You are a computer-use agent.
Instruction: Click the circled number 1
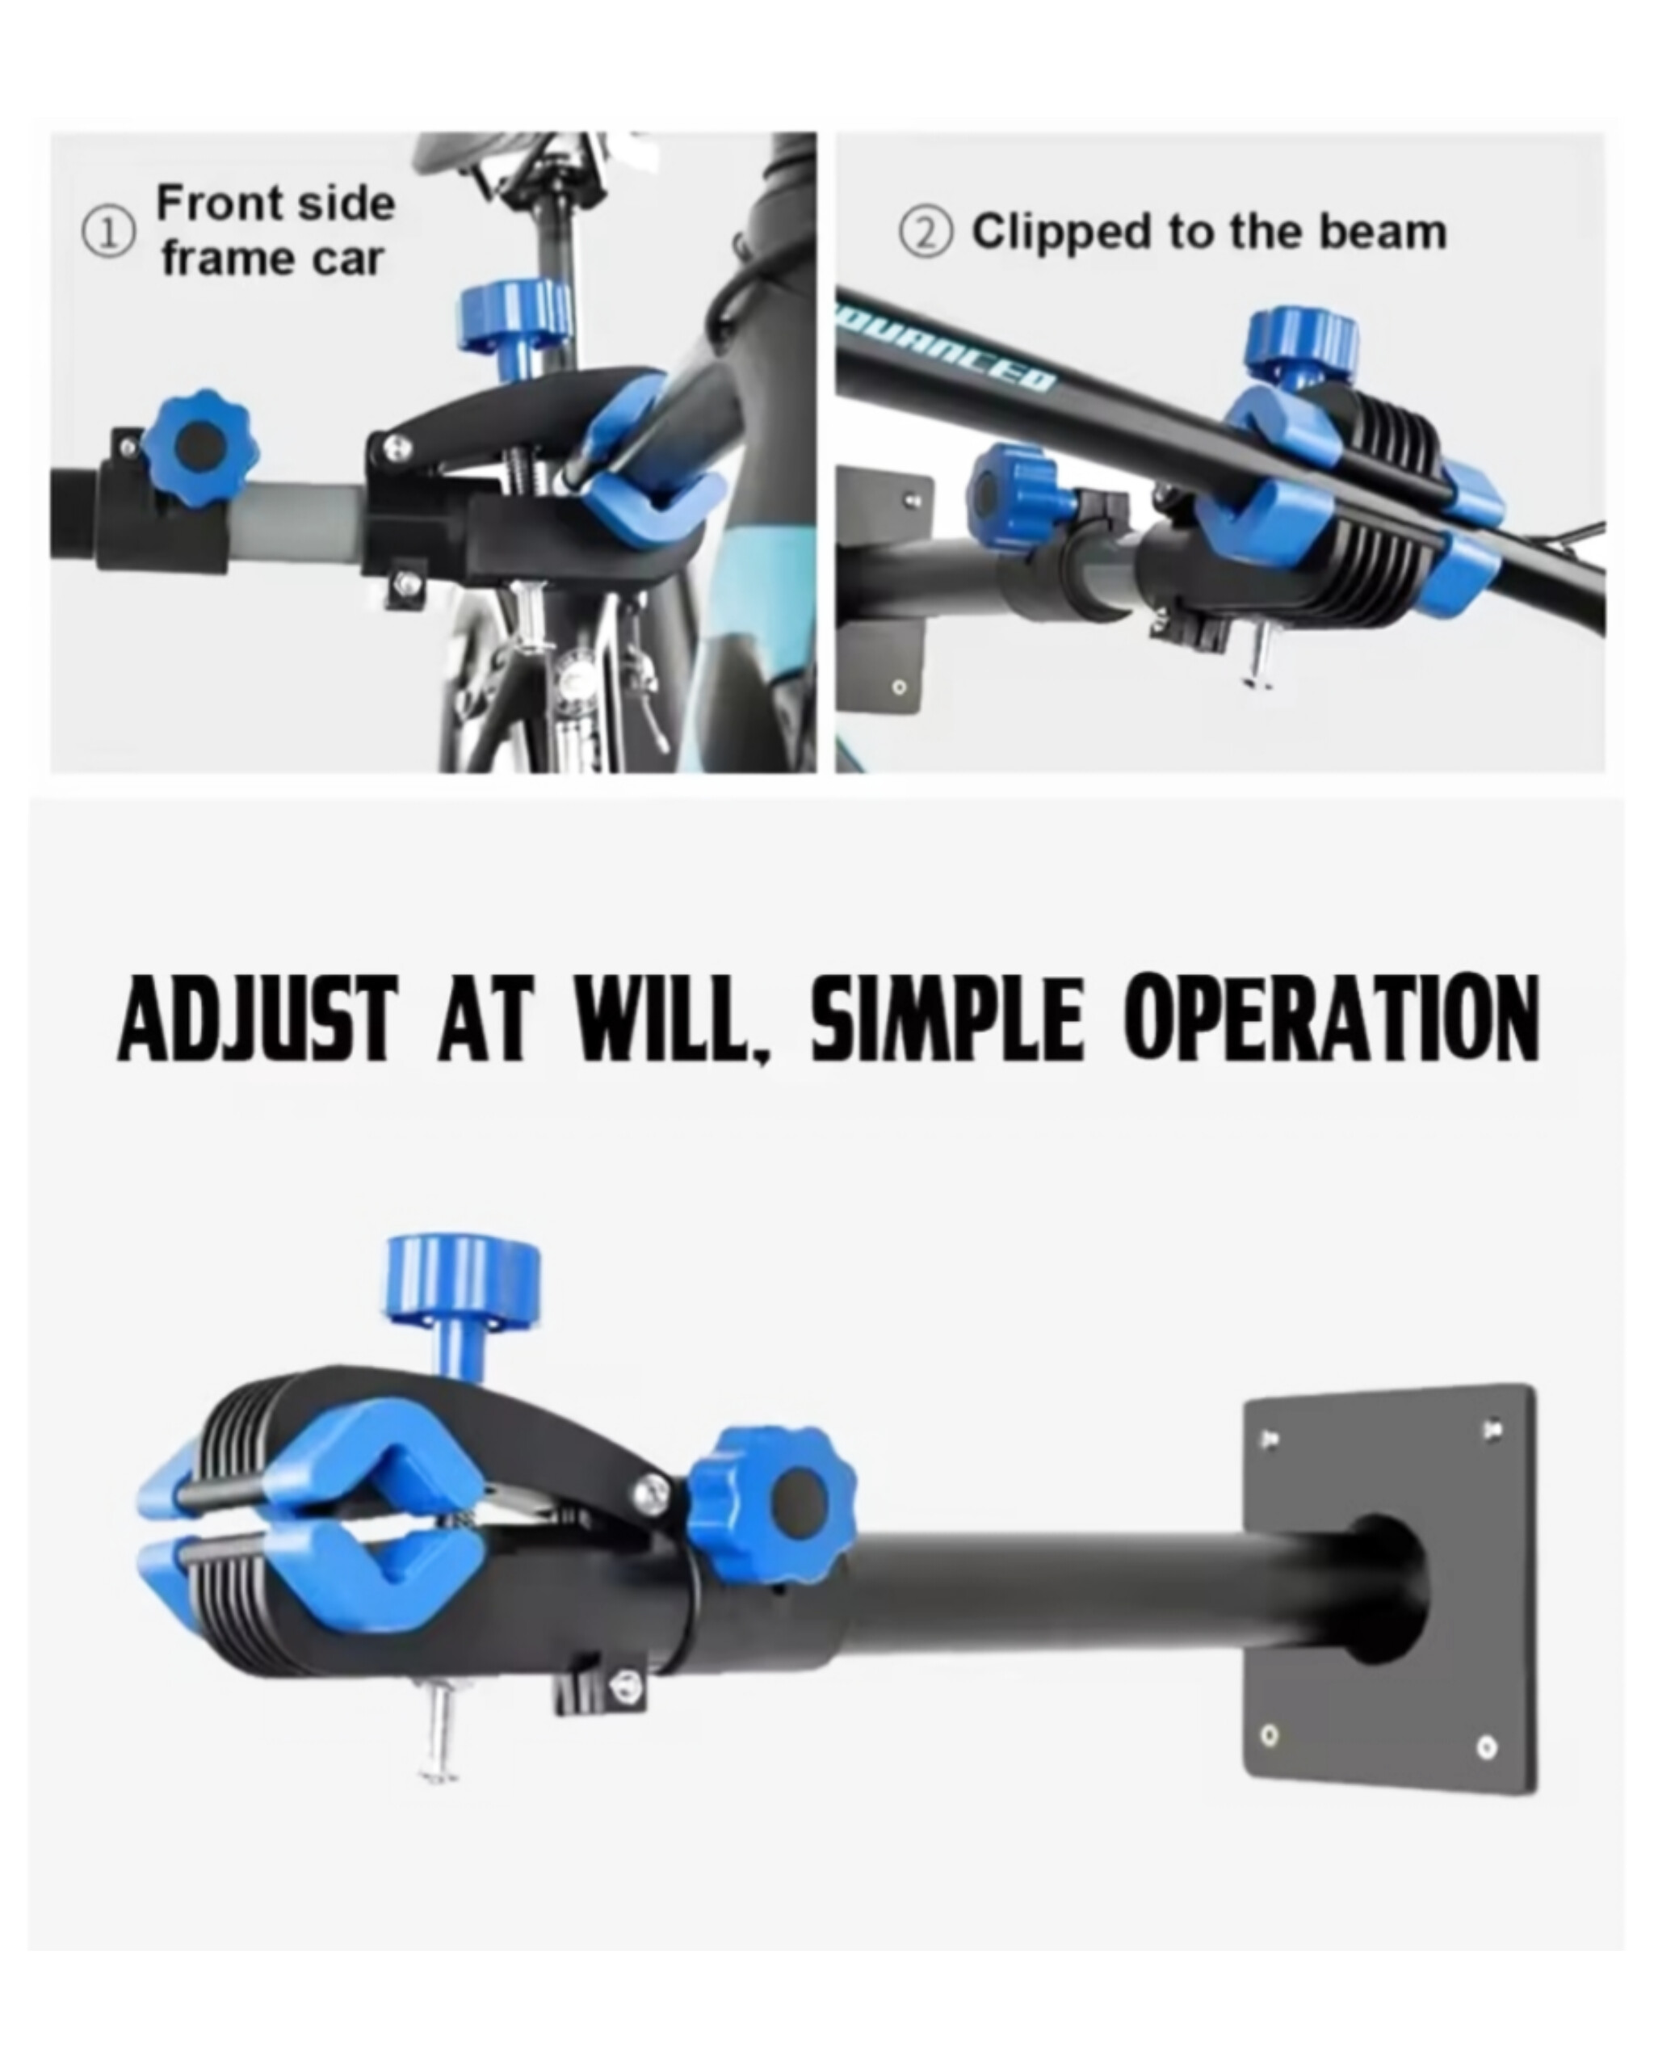coord(108,234)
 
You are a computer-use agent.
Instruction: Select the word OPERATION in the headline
coord(1332,1019)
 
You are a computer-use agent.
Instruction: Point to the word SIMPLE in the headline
coord(949,1019)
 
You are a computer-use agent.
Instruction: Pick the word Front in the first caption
coord(220,204)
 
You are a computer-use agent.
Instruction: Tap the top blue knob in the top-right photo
coord(1301,344)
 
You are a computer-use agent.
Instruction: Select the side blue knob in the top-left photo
coord(199,444)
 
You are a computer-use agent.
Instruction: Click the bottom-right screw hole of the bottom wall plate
coord(1487,1746)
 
